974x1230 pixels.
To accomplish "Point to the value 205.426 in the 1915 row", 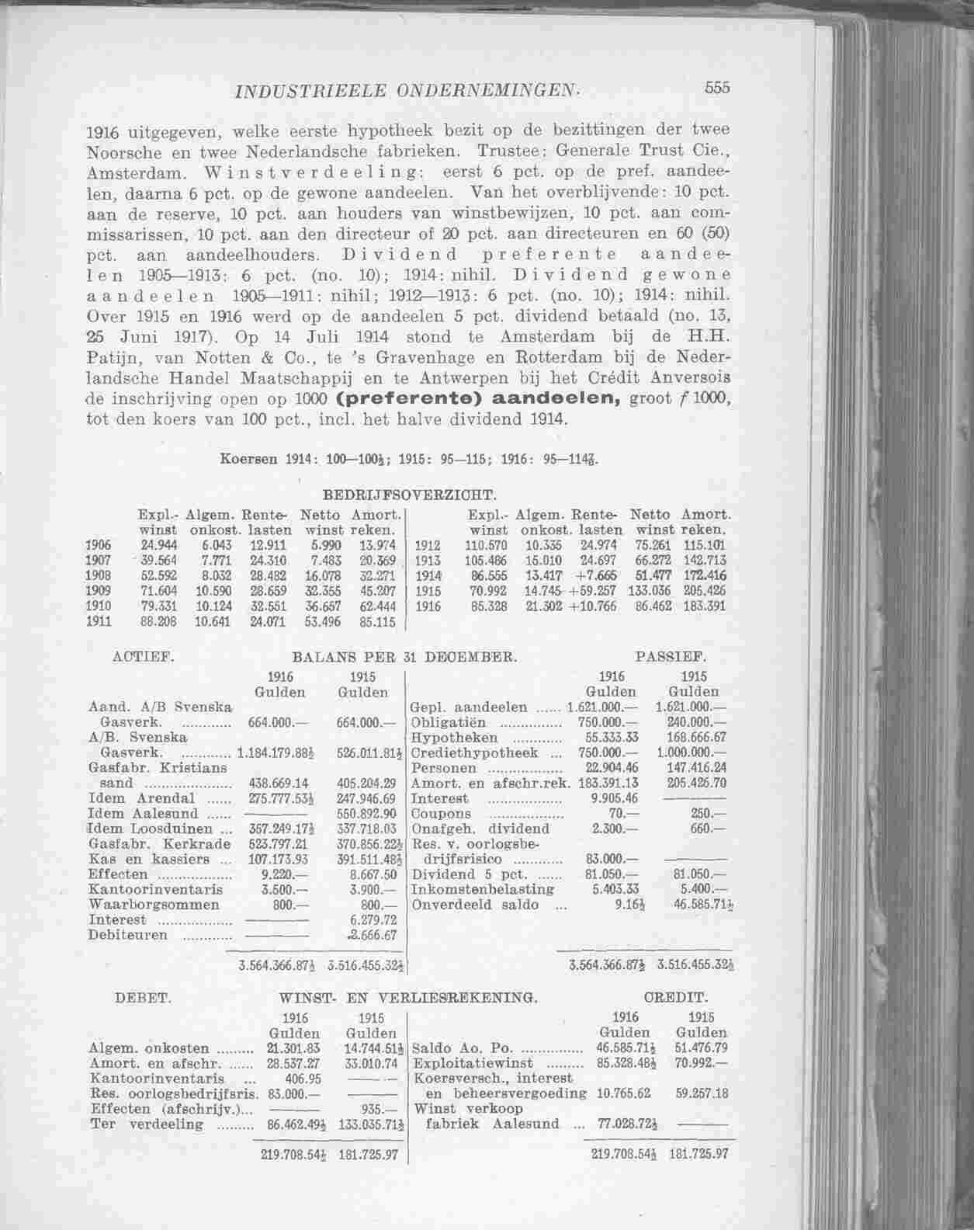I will coord(705,592).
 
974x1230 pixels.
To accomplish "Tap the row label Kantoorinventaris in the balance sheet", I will coord(156,889).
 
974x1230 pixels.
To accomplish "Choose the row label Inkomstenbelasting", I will coord(482,889).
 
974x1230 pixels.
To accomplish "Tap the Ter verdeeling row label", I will coord(147,1124).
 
